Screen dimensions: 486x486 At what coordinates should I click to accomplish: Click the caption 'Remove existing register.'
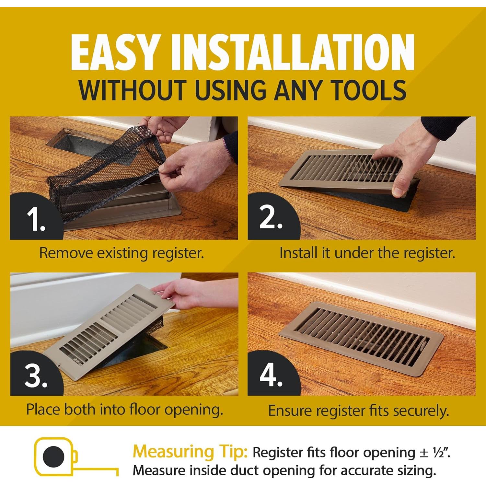121,253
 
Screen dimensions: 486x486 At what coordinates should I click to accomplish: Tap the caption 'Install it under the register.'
367,253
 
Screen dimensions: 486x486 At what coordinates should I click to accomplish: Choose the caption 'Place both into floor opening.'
125,409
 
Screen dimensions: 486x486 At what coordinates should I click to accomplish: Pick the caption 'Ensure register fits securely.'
359,411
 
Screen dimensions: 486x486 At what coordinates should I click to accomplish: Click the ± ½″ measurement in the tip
434,452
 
